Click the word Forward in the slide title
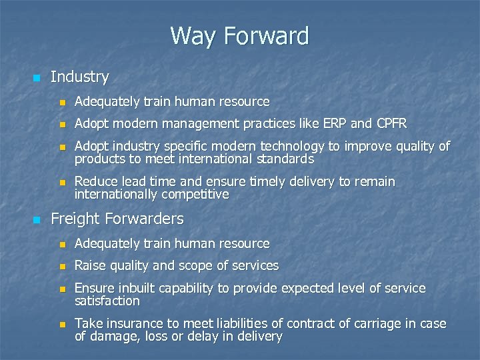(267, 36)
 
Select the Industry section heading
(79, 77)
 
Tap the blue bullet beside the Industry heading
(36, 78)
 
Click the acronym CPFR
(391, 124)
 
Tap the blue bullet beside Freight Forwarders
(36, 219)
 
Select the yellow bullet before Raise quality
(63, 266)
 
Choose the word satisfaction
(107, 301)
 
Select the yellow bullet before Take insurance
(63, 325)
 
